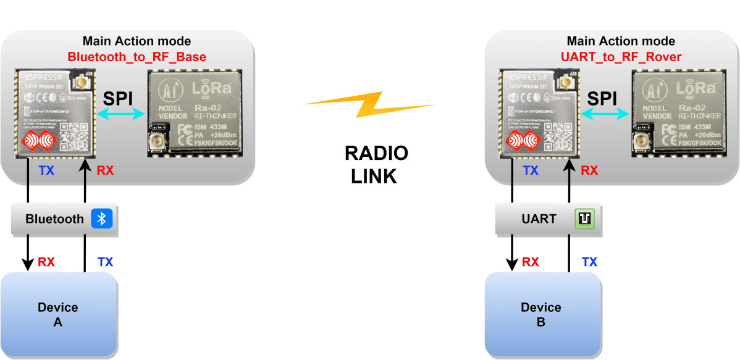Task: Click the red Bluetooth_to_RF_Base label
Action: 137,57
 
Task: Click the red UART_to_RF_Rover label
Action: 621,57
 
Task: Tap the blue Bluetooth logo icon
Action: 103,219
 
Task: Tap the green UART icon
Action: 584,219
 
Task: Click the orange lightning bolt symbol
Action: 368,105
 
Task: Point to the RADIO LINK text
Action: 376,165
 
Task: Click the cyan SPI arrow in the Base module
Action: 119,112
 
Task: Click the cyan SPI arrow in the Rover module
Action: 602,112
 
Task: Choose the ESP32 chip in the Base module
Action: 54,113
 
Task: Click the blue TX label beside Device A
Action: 106,262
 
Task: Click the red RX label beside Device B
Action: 531,262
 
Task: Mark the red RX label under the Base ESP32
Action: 106,171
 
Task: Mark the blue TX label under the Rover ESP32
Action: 531,171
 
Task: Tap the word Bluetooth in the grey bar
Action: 54,219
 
